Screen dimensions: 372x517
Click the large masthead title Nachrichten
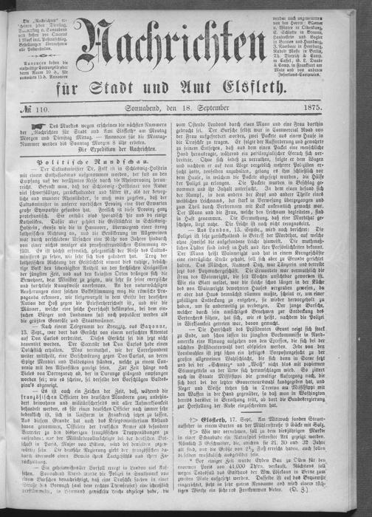pos(187,59)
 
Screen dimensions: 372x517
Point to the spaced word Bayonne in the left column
pos(156,362)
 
